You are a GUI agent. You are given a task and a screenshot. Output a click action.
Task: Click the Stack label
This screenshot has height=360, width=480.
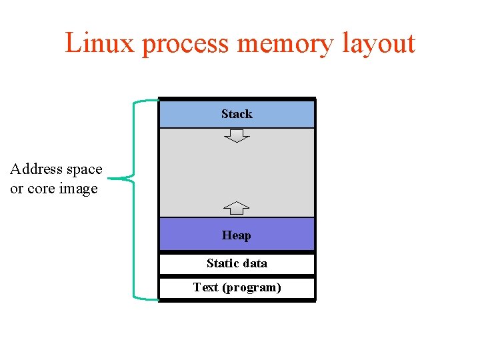(237, 114)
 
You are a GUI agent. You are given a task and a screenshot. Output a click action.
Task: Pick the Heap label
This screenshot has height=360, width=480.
(237, 235)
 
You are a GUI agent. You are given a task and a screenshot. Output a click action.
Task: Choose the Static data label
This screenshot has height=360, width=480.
(237, 263)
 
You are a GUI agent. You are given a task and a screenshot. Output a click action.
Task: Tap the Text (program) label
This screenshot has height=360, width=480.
(237, 287)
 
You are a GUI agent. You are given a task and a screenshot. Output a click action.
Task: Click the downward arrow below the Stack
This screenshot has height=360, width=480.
(237, 136)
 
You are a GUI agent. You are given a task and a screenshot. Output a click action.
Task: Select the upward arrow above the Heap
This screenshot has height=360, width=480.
(237, 207)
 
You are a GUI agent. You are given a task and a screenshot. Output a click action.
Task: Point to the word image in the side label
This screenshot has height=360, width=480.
(78, 189)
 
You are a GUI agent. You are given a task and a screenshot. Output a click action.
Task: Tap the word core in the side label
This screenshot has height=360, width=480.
(42, 189)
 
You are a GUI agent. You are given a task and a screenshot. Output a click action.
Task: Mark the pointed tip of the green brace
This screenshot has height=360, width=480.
(109, 179)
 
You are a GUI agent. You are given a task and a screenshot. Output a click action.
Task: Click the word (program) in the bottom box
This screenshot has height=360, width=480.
(251, 287)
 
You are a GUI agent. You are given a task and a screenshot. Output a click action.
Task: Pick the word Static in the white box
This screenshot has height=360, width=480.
(221, 263)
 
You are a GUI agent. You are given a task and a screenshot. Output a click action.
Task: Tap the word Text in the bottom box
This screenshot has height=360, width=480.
(206, 287)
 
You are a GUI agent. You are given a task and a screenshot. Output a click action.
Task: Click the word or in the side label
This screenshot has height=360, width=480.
(16, 189)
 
